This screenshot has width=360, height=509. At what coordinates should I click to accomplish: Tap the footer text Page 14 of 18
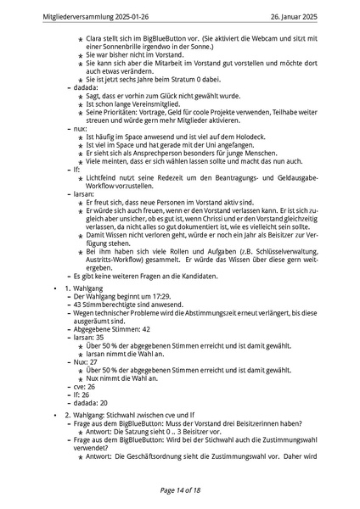tap(179, 489)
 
